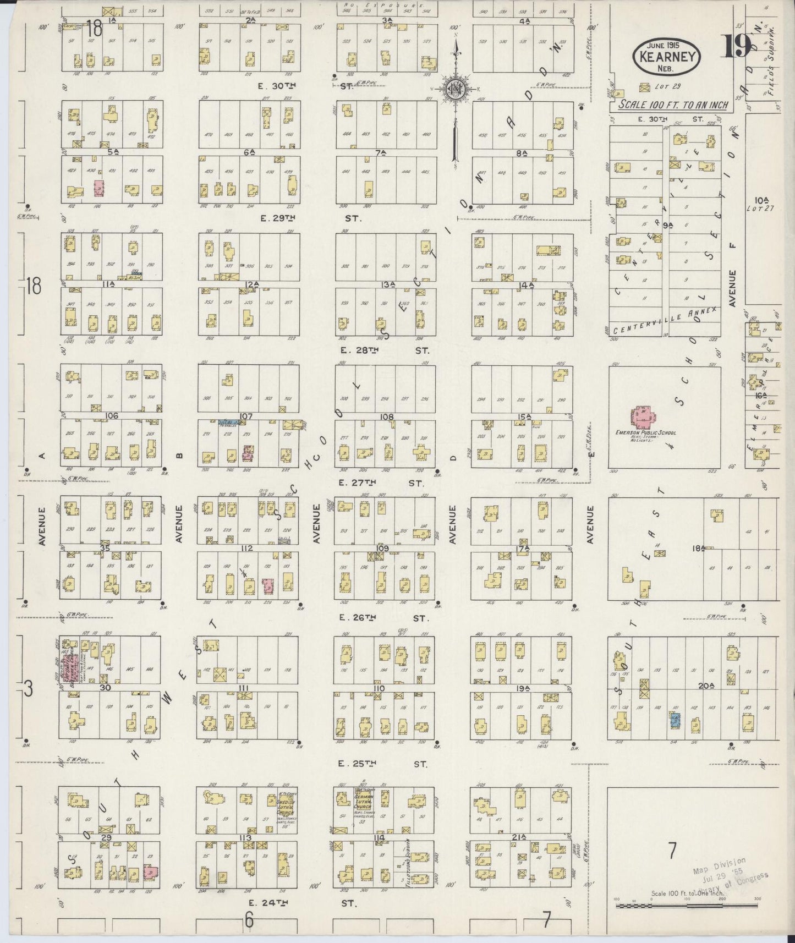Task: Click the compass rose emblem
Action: tap(456, 88)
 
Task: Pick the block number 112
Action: tap(246, 548)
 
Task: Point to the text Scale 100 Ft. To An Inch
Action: tap(673, 105)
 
